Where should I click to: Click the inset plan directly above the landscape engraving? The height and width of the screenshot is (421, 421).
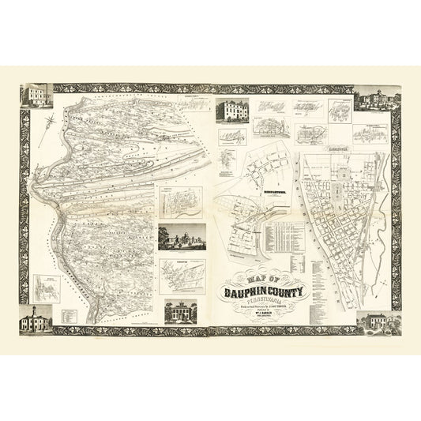[x=181, y=202]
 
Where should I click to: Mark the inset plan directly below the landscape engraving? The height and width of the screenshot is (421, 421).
[x=181, y=273]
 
